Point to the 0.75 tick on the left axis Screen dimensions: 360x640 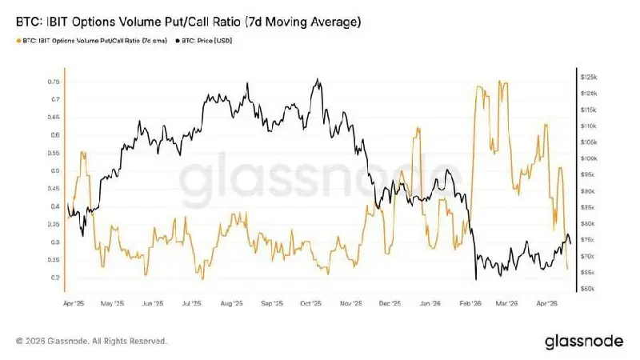(x=54, y=82)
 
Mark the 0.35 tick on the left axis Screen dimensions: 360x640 (x=54, y=224)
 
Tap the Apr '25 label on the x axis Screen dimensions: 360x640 (x=73, y=304)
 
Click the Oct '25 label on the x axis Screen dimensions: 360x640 (x=310, y=304)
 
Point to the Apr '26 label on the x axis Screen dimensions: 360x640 (x=546, y=304)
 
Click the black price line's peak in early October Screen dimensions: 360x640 (x=318, y=79)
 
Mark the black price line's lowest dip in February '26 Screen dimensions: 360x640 (x=476, y=278)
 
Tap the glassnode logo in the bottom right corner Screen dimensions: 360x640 (x=583, y=342)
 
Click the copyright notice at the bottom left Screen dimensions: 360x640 (x=91, y=342)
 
